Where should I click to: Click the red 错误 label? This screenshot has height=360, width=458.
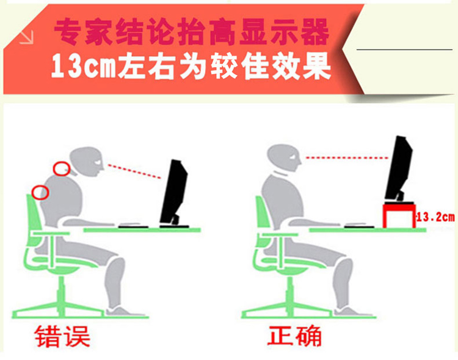(x=62, y=336)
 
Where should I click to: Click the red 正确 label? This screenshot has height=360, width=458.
(x=294, y=336)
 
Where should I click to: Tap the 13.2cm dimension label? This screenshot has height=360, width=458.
(x=435, y=217)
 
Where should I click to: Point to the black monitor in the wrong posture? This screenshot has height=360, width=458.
(x=174, y=193)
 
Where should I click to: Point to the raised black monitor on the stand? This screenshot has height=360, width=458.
(x=399, y=170)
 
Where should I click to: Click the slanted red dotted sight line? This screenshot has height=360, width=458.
(x=134, y=171)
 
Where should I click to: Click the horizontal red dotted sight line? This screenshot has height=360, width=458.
(x=347, y=157)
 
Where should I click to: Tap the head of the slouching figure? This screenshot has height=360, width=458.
(x=87, y=162)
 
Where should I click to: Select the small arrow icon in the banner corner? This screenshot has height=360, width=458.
(x=27, y=38)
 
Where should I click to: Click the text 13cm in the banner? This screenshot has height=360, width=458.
(x=84, y=66)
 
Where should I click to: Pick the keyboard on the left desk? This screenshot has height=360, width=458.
(x=134, y=226)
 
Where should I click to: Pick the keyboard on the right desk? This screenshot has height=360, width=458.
(x=359, y=226)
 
